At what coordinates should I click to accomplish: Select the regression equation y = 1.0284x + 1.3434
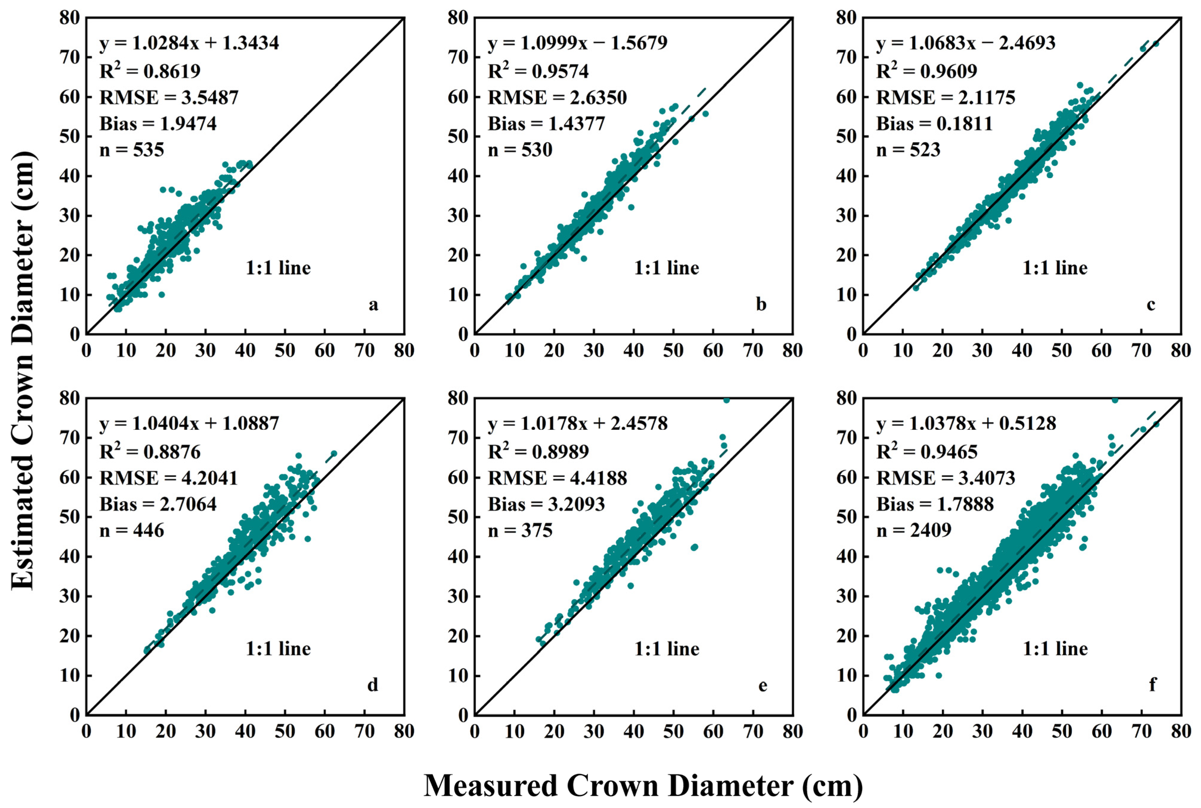189,43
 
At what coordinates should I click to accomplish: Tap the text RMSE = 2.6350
557,97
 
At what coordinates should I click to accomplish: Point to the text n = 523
908,150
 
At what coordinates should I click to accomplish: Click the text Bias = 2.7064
158,504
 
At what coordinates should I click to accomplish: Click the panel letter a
373,305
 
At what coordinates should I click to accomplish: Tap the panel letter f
1152,685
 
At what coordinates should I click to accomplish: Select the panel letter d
373,685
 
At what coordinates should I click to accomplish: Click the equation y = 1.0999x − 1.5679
577,43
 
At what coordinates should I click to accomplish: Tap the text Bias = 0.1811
934,124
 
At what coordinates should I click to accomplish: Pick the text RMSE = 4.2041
168,478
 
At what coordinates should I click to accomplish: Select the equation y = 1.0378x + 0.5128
966,424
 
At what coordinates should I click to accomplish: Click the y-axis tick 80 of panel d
69,398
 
